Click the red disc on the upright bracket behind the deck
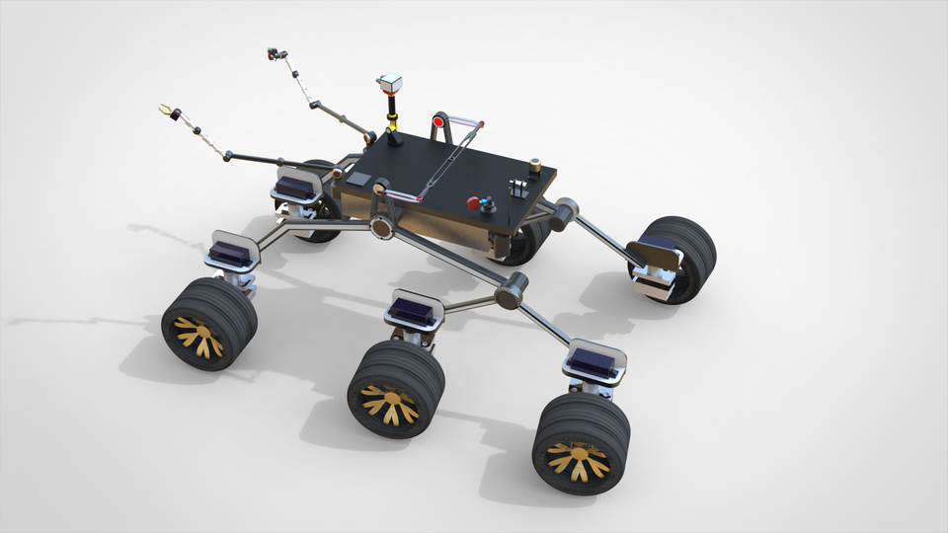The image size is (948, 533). click(x=436, y=121)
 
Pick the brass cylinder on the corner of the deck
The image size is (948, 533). click(x=534, y=167)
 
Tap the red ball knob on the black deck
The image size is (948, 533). click(x=474, y=203)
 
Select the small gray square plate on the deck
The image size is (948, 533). click(x=361, y=180)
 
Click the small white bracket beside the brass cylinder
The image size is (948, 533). click(x=515, y=187)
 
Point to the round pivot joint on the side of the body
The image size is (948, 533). click(x=381, y=228)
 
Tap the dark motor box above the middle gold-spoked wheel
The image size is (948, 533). click(x=411, y=312)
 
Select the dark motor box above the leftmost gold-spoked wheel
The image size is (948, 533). click(x=230, y=254)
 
